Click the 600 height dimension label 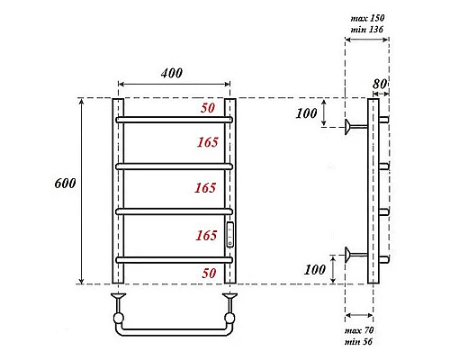coord(65,183)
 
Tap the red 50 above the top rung coord(207,109)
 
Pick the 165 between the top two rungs coord(207,141)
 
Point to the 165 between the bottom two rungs coord(207,236)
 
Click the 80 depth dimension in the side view coord(381,84)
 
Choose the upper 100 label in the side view coord(306,113)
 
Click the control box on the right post coord(229,236)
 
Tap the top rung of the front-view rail coord(173,119)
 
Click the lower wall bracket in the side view coord(354,254)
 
